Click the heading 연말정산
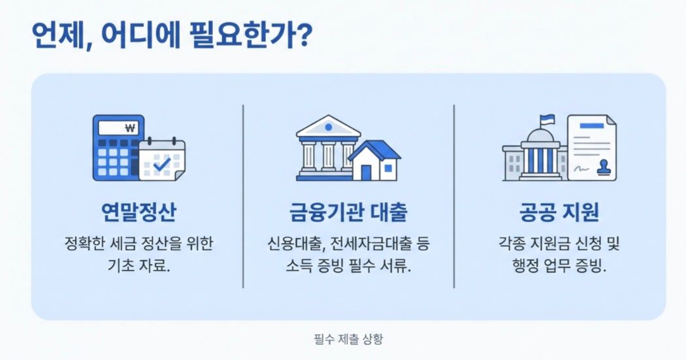(x=138, y=214)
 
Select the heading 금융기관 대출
(x=348, y=214)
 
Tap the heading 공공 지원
(x=559, y=214)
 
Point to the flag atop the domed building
(x=546, y=120)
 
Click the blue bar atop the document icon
(x=593, y=125)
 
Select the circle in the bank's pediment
(x=328, y=126)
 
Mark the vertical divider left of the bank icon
(x=244, y=196)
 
